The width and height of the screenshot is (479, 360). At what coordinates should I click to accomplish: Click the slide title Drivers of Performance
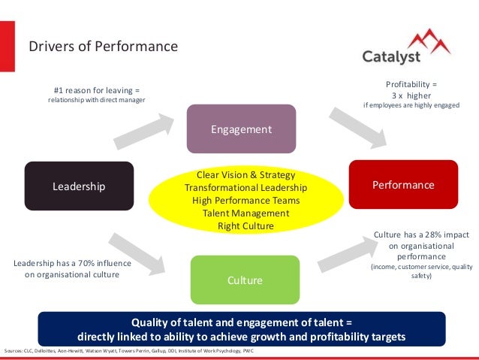(103, 47)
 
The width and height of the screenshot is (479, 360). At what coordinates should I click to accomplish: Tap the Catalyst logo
(406, 50)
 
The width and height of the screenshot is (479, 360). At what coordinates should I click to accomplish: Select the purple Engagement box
(241, 129)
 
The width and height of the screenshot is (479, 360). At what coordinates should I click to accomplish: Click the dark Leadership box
(79, 186)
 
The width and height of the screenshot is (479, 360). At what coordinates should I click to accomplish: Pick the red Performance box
(402, 184)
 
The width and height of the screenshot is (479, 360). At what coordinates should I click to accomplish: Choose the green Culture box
(245, 280)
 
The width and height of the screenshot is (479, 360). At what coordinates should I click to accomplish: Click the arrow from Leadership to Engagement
(142, 129)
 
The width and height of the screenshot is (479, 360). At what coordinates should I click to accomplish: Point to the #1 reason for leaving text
(96, 89)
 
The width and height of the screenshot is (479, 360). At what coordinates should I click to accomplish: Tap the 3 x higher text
(411, 95)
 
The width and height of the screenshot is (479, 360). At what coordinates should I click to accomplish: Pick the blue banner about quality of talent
(241, 329)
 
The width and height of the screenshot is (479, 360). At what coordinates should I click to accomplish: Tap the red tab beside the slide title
(7, 47)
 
